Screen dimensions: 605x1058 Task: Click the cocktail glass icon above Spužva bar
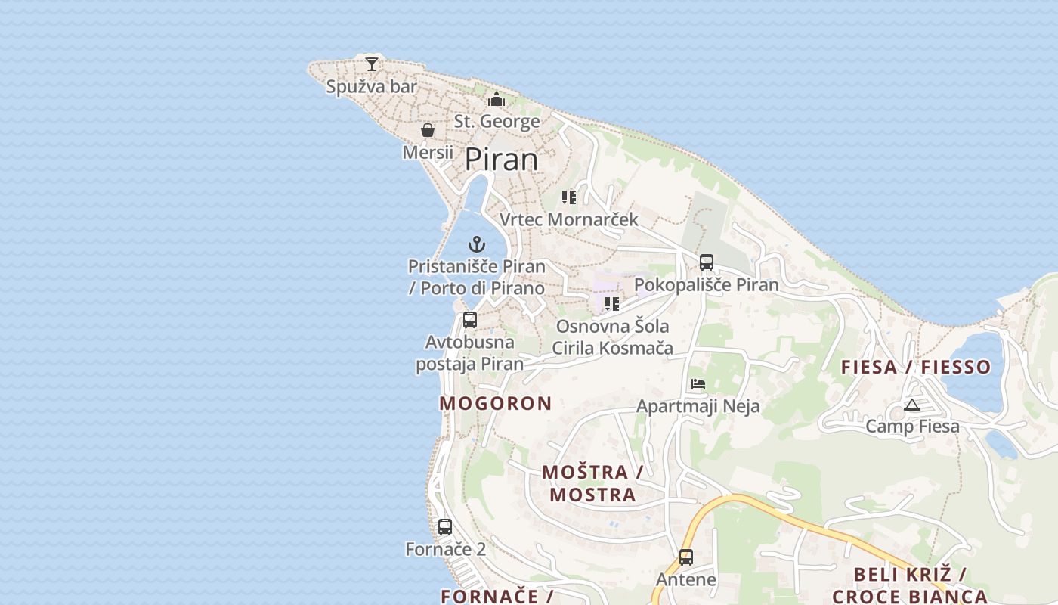(372, 64)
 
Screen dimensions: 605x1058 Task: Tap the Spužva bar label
(371, 87)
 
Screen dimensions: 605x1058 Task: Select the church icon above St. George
(497, 99)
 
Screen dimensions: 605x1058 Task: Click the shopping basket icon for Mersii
(428, 130)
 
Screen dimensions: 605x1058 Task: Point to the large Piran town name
(501, 160)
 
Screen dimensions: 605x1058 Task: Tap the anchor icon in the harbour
(476, 244)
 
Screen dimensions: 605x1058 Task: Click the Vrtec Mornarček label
(568, 219)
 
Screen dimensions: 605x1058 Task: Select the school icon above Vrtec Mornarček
(569, 197)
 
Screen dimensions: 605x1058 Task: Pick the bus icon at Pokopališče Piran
(707, 262)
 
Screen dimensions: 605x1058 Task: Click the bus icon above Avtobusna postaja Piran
(470, 320)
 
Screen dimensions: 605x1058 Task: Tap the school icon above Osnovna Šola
(612, 304)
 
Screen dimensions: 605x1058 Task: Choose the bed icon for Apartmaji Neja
(698, 384)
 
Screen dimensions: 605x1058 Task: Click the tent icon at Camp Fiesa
(912, 405)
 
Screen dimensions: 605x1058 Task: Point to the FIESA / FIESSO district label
(916, 367)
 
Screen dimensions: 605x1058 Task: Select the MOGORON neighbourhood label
(496, 403)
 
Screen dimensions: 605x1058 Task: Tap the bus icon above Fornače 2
(445, 526)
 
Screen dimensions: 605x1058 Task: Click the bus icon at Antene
(686, 557)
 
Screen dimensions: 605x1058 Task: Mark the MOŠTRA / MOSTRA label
(592, 483)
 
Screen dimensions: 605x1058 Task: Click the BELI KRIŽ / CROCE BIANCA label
(910, 585)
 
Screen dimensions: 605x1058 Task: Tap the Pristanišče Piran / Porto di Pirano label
(476, 277)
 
